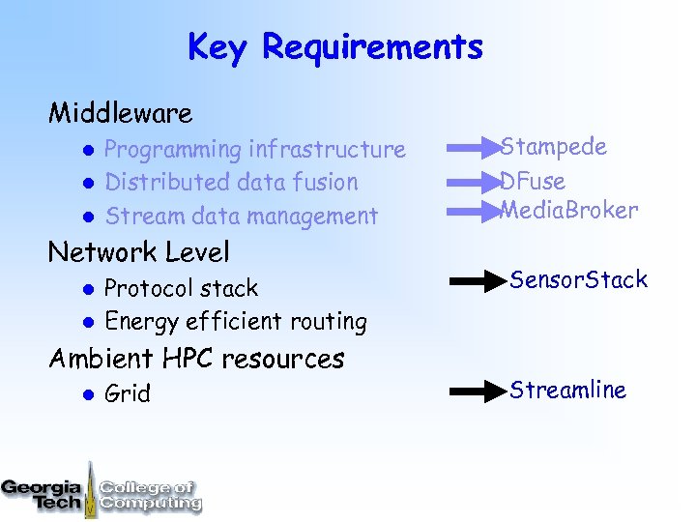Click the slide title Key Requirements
[x=334, y=46]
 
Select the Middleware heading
[x=121, y=113]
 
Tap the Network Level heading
[x=139, y=252]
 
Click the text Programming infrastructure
[x=254, y=149]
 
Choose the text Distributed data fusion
[x=231, y=182]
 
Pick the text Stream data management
[x=241, y=216]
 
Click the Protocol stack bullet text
[x=181, y=288]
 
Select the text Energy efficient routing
[x=235, y=321]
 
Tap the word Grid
[x=127, y=393]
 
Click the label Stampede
[x=554, y=147]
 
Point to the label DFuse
[x=534, y=181]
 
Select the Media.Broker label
[x=569, y=210]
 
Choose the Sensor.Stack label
[x=578, y=280]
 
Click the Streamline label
[x=567, y=390]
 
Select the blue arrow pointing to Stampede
[x=474, y=149]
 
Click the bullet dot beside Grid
[x=85, y=394]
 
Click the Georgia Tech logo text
[x=43, y=493]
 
